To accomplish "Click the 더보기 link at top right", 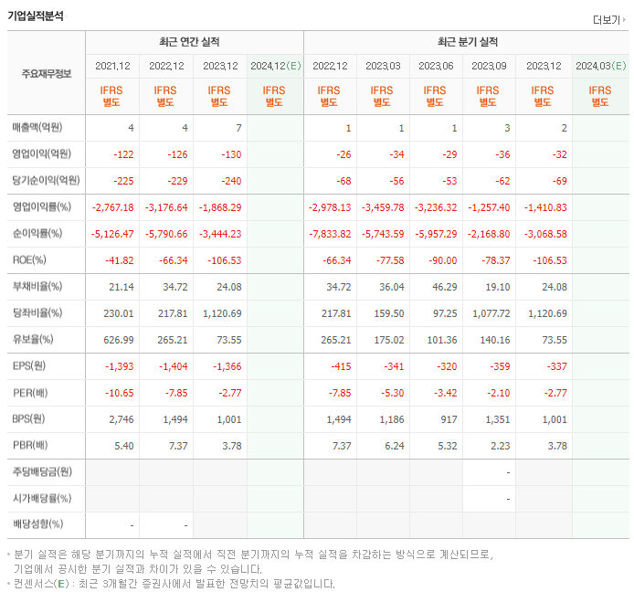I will [608, 19].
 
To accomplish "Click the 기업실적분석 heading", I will [36, 16].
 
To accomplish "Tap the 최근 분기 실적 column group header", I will [467, 42].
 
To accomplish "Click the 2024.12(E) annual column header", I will [275, 66].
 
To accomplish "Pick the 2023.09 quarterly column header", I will [489, 66].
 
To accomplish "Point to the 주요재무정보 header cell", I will [47, 73].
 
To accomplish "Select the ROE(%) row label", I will [29, 259].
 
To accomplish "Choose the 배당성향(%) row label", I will [37, 524].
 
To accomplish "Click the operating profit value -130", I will [230, 154].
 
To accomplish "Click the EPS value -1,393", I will [120, 365].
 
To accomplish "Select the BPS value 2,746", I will [122, 419].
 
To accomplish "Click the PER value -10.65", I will [119, 392].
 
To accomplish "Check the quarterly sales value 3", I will [507, 128].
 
